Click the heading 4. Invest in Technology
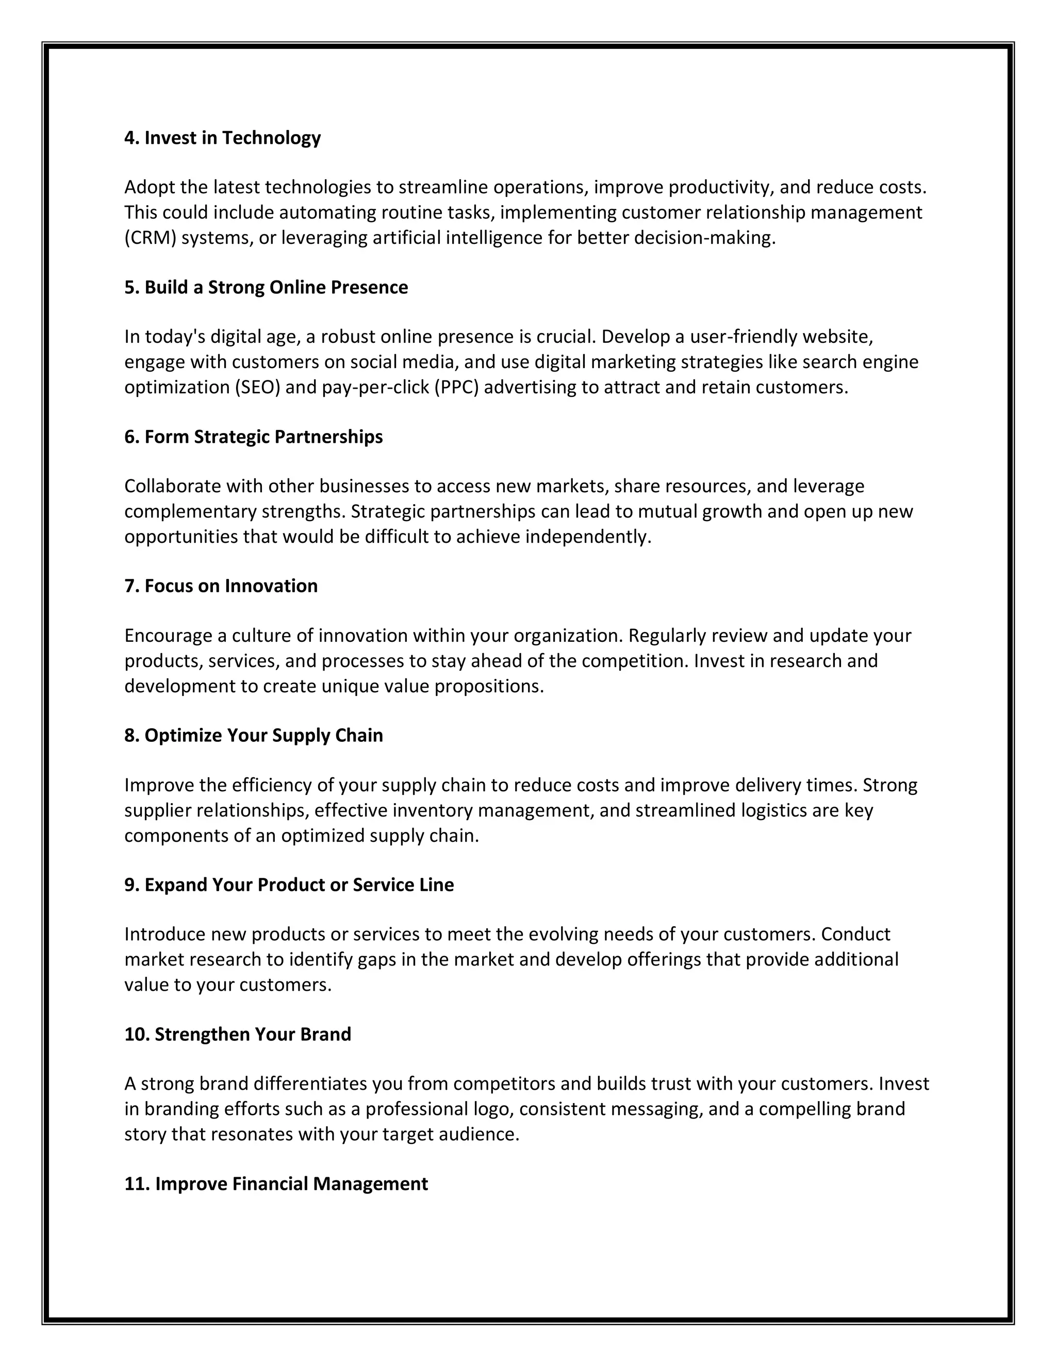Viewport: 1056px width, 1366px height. (222, 138)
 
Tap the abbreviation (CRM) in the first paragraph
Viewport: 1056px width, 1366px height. (150, 238)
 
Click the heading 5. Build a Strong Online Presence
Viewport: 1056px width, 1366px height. (266, 287)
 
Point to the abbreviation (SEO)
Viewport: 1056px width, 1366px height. (257, 388)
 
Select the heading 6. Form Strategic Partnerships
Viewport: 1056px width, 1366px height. (253, 437)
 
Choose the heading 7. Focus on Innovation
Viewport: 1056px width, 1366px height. (221, 586)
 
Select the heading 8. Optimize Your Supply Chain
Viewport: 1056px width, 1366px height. (253, 736)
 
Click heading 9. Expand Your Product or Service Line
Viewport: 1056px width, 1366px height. (289, 885)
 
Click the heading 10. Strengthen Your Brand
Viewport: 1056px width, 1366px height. (238, 1035)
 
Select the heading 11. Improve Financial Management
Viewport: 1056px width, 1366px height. (276, 1184)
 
